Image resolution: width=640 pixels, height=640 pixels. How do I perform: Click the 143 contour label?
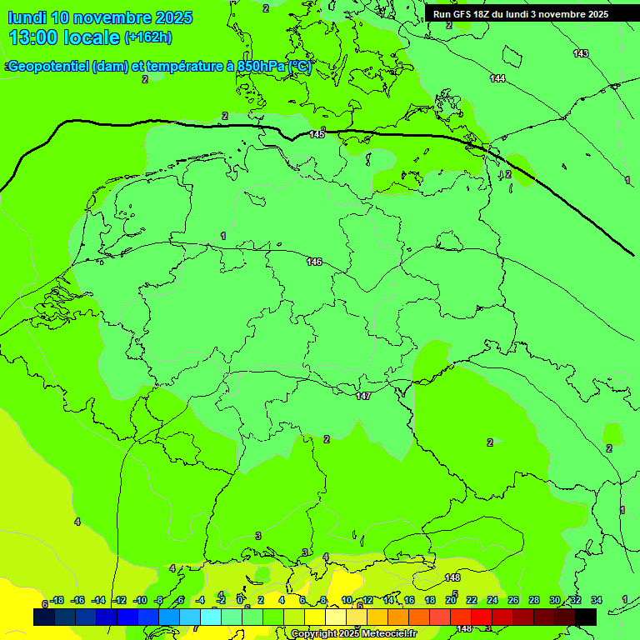581,53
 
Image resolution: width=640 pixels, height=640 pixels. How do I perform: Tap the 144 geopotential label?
497,78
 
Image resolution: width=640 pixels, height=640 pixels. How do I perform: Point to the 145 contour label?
317,134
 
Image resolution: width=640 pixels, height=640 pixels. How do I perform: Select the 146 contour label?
314,262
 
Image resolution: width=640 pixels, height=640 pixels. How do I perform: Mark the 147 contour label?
363,396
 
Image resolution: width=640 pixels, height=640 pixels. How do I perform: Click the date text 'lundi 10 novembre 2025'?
100,17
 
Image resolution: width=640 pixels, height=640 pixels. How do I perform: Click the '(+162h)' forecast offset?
148,37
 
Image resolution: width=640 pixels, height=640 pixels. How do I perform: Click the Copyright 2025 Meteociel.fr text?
353,634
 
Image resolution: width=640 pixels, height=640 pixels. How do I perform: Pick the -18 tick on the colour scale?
57,600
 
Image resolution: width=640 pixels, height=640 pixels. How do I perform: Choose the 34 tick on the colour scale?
597,600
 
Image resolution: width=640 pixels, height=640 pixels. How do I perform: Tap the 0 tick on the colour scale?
241,600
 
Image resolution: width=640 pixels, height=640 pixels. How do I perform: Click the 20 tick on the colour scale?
451,600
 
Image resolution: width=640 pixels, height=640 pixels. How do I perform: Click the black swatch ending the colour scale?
586,617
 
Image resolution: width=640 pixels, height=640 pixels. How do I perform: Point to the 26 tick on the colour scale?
513,600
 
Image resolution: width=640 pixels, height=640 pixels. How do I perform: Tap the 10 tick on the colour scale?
347,600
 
